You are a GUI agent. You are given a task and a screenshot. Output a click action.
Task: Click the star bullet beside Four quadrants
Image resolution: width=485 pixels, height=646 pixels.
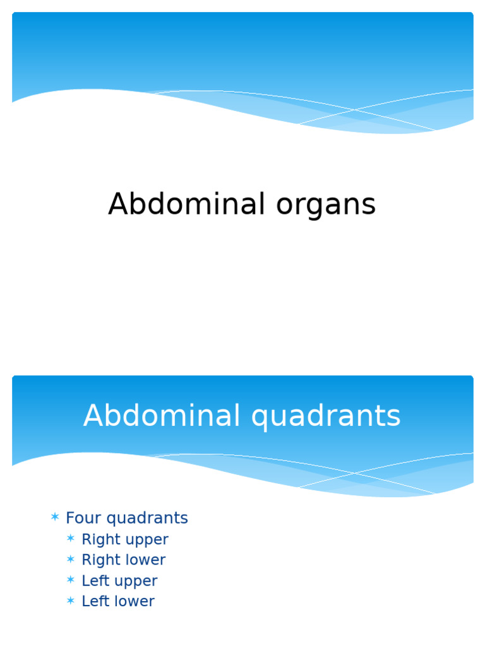click(55, 518)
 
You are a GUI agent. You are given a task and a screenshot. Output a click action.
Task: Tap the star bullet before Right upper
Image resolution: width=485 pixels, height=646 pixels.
click(71, 539)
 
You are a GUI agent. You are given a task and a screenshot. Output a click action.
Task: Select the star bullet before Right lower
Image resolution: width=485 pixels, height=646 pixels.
click(71, 560)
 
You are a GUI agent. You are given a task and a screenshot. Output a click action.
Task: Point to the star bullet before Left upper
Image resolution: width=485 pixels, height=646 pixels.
click(71, 580)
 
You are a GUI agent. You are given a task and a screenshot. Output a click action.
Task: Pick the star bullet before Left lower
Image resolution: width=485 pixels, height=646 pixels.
click(71, 601)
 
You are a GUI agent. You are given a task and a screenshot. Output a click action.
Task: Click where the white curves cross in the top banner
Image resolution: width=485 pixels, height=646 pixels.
click(355, 110)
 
